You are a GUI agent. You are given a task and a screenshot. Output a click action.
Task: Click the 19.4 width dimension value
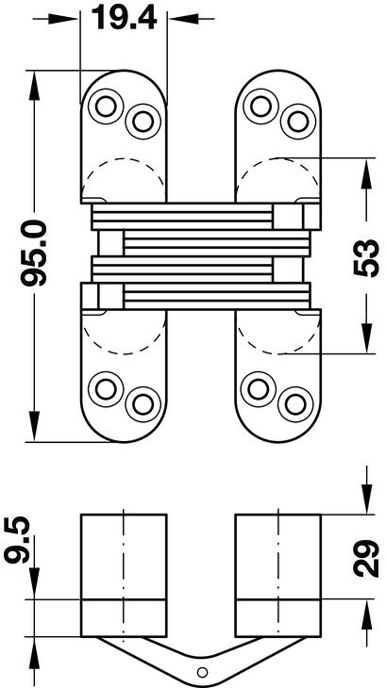pyautogui.click(x=125, y=18)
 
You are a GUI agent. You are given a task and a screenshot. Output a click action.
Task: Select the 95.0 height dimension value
pyautogui.click(x=34, y=254)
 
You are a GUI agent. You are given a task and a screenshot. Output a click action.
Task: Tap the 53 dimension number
pyautogui.click(x=366, y=258)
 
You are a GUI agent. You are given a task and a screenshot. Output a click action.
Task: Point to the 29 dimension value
pyautogui.click(x=366, y=559)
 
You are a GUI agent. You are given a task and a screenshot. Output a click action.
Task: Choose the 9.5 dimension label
pyautogui.click(x=17, y=540)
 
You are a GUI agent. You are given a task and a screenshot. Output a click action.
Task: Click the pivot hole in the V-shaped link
pyautogui.click(x=202, y=672)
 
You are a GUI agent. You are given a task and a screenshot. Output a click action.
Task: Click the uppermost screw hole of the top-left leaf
pyautogui.click(x=106, y=106)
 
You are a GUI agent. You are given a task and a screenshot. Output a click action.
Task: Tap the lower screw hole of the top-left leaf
pyautogui.click(x=143, y=122)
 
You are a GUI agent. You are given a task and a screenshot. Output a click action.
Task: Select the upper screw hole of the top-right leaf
pyautogui.click(x=260, y=106)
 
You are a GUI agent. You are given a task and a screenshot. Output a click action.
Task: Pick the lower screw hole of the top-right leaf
pyautogui.click(x=298, y=122)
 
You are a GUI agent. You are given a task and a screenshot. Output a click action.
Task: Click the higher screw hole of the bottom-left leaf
pyautogui.click(x=106, y=389)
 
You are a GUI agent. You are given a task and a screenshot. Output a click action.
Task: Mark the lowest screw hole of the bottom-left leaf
pyautogui.click(x=143, y=404)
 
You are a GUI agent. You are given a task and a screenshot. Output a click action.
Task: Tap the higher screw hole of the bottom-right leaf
pyautogui.click(x=259, y=389)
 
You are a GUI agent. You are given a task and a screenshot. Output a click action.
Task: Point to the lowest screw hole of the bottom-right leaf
pyautogui.click(x=295, y=404)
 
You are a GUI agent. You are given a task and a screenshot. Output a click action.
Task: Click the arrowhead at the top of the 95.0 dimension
pyautogui.click(x=34, y=86)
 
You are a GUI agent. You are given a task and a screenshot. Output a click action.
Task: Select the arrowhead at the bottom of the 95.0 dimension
pyautogui.click(x=34, y=426)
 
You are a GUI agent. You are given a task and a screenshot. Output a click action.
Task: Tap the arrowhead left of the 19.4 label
pyautogui.click(x=63, y=19)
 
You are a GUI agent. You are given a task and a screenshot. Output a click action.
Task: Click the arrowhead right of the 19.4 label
pyautogui.click(x=183, y=19)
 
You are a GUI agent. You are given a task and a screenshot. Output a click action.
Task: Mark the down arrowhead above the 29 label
pyautogui.click(x=366, y=499)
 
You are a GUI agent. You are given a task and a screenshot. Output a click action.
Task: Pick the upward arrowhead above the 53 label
pyautogui.click(x=366, y=173)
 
